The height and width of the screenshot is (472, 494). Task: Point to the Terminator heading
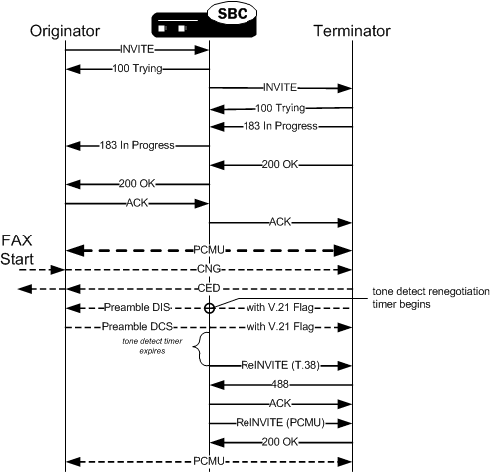tap(351, 31)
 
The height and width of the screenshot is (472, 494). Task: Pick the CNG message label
tap(209, 269)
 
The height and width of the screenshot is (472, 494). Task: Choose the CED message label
tap(209, 289)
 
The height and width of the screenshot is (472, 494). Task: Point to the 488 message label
tap(279, 384)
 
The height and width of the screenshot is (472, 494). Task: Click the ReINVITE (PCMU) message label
tap(279, 422)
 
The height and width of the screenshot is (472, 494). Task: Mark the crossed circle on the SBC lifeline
tap(209, 308)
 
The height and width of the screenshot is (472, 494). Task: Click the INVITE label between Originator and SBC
tap(137, 48)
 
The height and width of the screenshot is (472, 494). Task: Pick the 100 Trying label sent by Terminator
tap(279, 107)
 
